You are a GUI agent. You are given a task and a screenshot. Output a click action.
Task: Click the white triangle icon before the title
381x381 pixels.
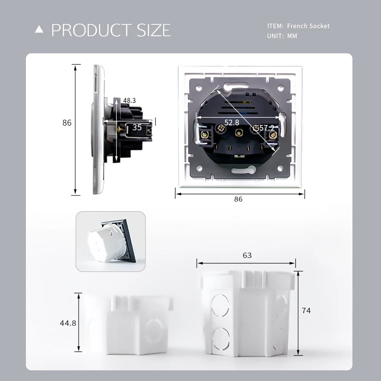pos(39,30)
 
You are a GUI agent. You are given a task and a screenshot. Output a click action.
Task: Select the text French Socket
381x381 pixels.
pos(308,26)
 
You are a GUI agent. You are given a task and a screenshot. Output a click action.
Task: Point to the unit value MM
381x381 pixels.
pos(292,36)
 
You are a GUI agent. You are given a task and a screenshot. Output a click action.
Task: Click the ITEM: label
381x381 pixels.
pos(275,26)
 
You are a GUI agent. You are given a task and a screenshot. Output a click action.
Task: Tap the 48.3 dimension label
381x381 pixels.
pos(129,101)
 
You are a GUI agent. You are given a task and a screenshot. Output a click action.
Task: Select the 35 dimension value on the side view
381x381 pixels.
pos(137,128)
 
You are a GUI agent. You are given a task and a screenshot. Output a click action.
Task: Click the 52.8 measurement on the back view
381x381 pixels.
pos(232,122)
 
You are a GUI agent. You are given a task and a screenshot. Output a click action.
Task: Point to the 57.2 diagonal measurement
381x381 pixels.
pos(267,128)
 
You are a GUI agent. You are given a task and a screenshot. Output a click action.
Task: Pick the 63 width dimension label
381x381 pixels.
pos(247,255)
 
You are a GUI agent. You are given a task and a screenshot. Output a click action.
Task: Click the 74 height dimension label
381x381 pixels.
pos(306,311)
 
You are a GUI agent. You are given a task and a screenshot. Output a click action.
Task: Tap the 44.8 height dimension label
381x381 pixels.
pos(68,323)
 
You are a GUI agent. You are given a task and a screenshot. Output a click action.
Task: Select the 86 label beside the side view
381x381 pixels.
pos(67,123)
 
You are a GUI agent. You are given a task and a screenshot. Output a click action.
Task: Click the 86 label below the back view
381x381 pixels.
pos(238,199)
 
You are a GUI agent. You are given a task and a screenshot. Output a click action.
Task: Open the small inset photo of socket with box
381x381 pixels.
pos(110,242)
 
